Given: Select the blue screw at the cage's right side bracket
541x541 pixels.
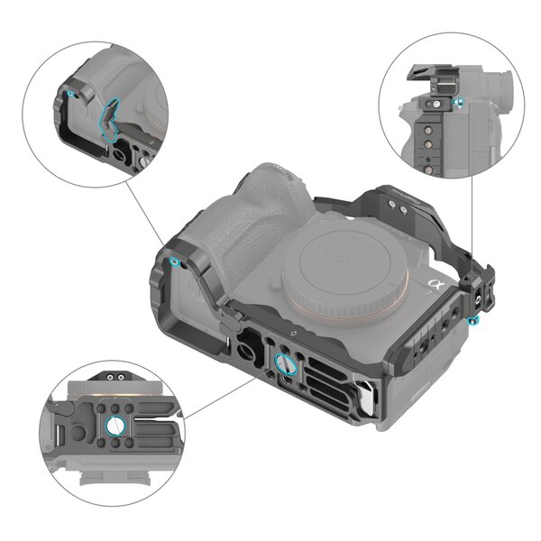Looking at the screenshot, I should (475, 322).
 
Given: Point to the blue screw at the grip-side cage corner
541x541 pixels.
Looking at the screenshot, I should (173, 261).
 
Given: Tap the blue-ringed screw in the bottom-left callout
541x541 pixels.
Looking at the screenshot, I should (118, 426).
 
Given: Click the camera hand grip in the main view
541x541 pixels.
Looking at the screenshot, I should (248, 225).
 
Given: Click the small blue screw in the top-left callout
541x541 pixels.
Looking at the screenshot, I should (69, 93).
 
